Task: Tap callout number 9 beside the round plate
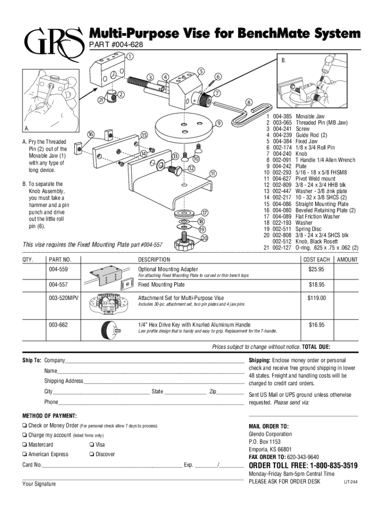point(219,123)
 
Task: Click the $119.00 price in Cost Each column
point(316,298)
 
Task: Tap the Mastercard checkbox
point(24,445)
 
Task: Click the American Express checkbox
point(24,454)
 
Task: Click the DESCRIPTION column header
point(154,260)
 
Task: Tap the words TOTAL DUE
point(316,347)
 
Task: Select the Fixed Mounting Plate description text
point(161,285)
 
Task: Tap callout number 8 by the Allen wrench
point(249,103)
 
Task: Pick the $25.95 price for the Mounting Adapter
point(316,269)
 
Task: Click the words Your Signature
point(39,484)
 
